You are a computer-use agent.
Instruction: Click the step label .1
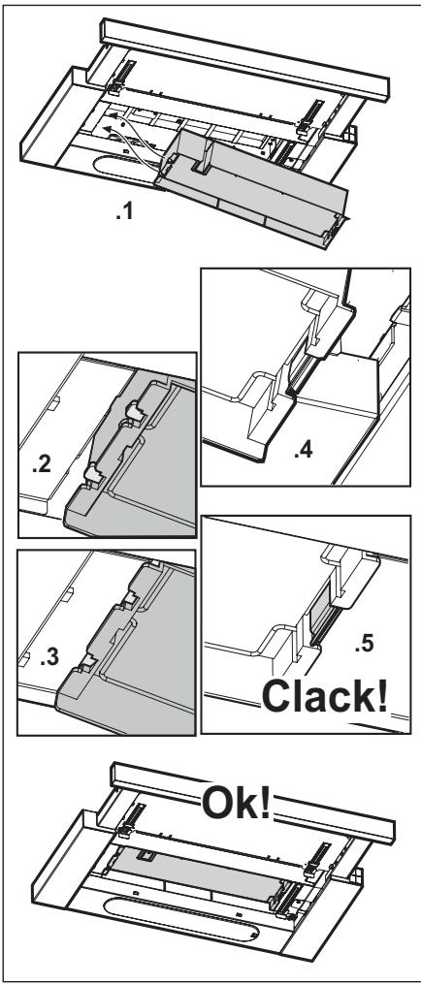[124, 212]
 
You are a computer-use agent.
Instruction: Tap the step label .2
[42, 466]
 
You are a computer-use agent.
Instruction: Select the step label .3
[49, 657]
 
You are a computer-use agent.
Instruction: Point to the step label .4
[303, 450]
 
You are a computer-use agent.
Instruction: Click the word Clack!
[324, 696]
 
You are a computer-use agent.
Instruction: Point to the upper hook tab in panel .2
[135, 411]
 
